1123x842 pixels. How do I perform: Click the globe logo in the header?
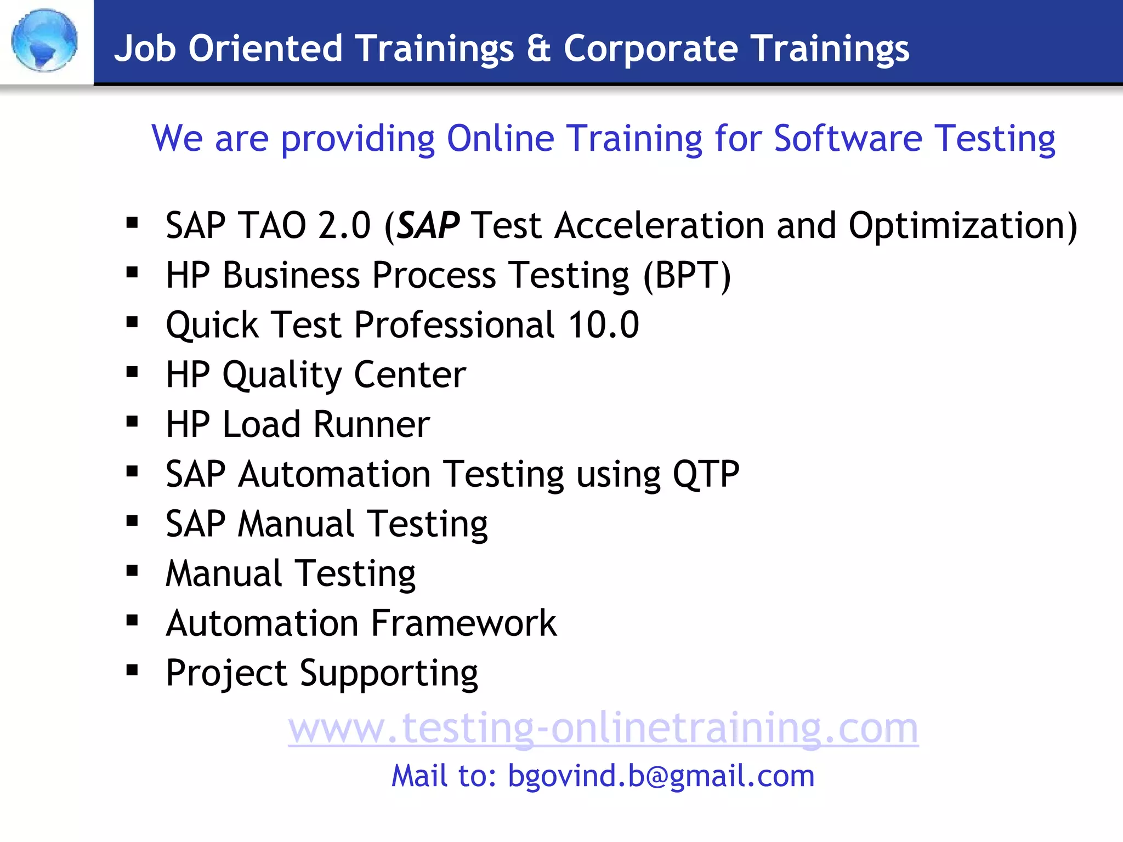pyautogui.click(x=44, y=41)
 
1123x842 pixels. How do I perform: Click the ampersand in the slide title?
pyautogui.click(x=538, y=48)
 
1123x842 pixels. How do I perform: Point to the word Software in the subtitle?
pyautogui.click(x=848, y=138)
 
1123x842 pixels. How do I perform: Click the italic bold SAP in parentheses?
pyautogui.click(x=428, y=225)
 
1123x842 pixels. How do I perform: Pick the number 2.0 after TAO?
pyautogui.click(x=344, y=225)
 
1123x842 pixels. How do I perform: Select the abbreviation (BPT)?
pyautogui.click(x=687, y=275)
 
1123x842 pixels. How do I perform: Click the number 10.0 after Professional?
pyautogui.click(x=603, y=325)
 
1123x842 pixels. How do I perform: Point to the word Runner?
pyautogui.click(x=372, y=424)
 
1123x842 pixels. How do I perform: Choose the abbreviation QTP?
pyautogui.click(x=706, y=474)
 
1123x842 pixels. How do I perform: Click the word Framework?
pyautogui.click(x=464, y=623)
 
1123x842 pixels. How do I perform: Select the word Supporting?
pyautogui.click(x=389, y=674)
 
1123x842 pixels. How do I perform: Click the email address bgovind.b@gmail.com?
pyautogui.click(x=661, y=776)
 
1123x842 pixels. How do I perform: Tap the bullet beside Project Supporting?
pyautogui.click(x=132, y=670)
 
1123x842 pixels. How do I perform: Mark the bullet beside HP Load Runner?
pyautogui.click(x=132, y=422)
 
